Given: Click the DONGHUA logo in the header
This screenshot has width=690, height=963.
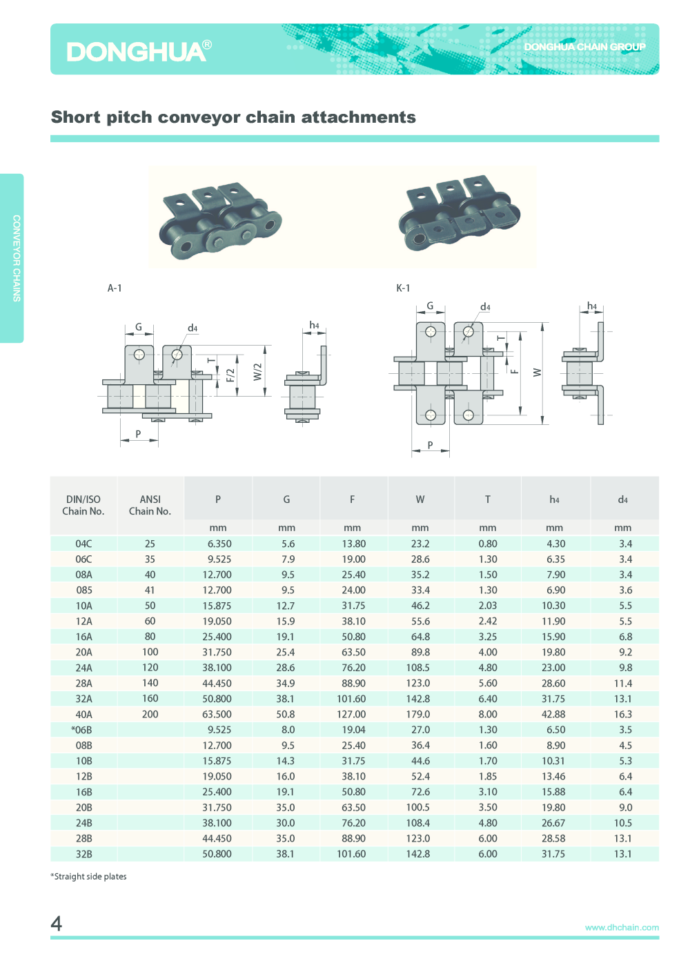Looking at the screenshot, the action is [x=139, y=51].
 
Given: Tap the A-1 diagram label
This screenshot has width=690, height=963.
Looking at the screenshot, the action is [x=115, y=288].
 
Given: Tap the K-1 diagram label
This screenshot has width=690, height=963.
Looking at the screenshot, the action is [x=403, y=288].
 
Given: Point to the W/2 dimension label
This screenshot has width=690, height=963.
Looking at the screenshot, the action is [x=257, y=372].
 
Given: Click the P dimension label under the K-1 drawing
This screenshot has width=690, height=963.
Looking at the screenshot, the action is [x=430, y=446].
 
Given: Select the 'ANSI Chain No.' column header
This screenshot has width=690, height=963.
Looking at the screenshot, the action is [x=150, y=505].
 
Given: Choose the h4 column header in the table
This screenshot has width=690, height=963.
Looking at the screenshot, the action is [x=554, y=499].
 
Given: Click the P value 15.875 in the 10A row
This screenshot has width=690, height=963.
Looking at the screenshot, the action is [x=217, y=606].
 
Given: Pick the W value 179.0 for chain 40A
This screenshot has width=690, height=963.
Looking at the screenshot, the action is [x=418, y=714].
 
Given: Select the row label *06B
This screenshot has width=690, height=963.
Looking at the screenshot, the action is [x=81, y=730].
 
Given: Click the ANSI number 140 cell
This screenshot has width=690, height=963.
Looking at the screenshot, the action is [x=150, y=683].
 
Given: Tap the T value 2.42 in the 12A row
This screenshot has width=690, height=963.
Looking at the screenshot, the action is [x=488, y=622].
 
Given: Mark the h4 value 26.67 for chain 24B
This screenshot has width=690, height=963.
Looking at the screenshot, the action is [x=553, y=823].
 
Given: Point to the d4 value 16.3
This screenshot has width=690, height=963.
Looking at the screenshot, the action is [x=623, y=714].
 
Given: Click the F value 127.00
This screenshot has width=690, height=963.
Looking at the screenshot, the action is [x=351, y=714].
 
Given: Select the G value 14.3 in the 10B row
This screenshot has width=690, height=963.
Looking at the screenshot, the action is [x=286, y=761].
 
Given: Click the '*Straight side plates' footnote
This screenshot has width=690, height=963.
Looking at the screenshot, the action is [x=88, y=876].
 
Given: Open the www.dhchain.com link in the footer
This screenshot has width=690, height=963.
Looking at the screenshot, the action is [x=622, y=927].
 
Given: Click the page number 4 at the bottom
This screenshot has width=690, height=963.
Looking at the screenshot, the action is [x=57, y=923].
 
